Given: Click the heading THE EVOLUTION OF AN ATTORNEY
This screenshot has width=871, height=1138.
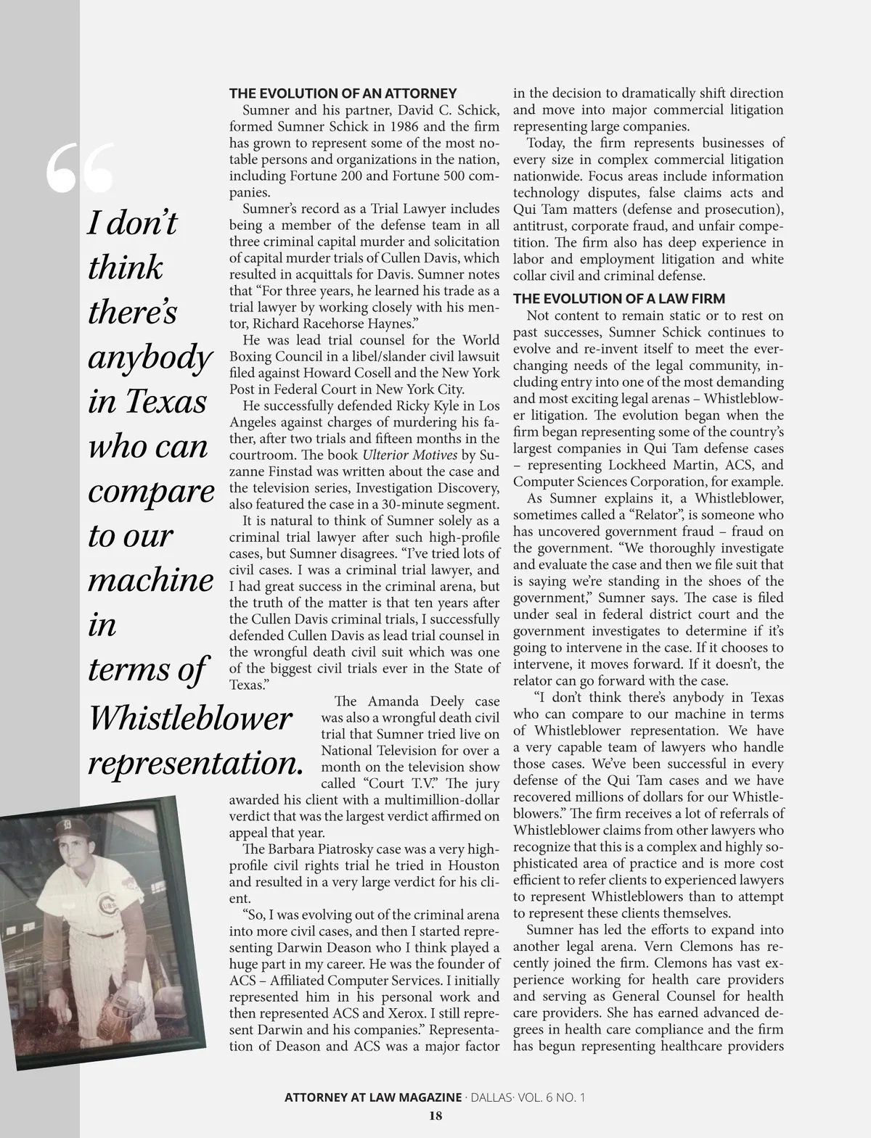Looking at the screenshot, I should [x=343, y=94].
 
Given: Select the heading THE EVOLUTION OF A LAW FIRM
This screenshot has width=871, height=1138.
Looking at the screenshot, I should [x=619, y=299].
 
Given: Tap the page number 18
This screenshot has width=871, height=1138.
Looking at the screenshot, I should [x=435, y=1116].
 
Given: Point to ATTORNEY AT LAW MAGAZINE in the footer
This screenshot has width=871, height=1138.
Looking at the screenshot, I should [x=373, y=1097].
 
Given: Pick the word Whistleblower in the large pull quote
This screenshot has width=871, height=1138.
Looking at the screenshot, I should [x=189, y=718].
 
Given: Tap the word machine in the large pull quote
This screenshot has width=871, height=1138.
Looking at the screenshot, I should [x=151, y=581].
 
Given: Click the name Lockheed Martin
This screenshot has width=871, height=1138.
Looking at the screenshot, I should [x=670, y=466].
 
